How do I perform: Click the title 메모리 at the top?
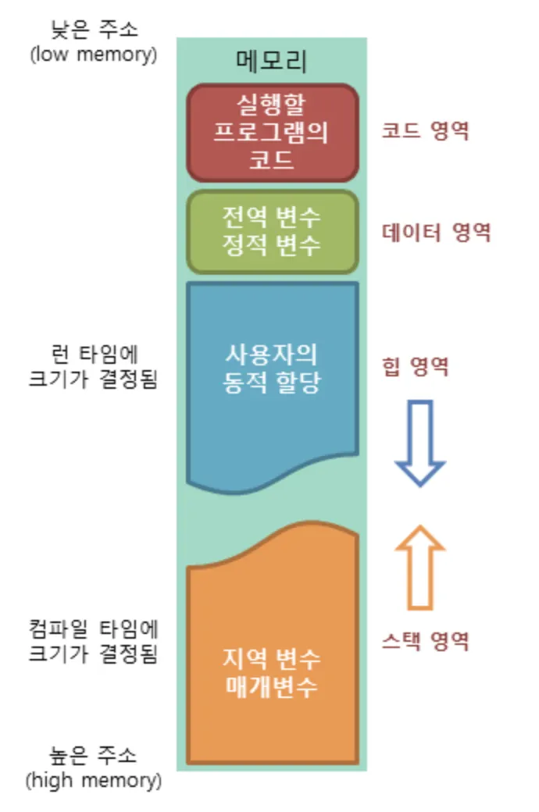pyautogui.click(x=272, y=61)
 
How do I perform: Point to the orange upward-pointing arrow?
pyautogui.click(x=419, y=566)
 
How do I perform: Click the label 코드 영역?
pyautogui.click(x=425, y=131)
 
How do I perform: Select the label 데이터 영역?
pyautogui.click(x=436, y=232)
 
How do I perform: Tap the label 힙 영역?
pyautogui.click(x=416, y=366)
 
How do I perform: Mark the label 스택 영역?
pyautogui.click(x=425, y=642)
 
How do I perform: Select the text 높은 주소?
pyautogui.click(x=93, y=755)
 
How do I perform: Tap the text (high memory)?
pyautogui.click(x=93, y=780)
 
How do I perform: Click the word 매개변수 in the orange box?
pyautogui.click(x=272, y=688)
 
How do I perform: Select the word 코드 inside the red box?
pyautogui.click(x=272, y=160)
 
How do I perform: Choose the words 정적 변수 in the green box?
pyautogui.click(x=272, y=245)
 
